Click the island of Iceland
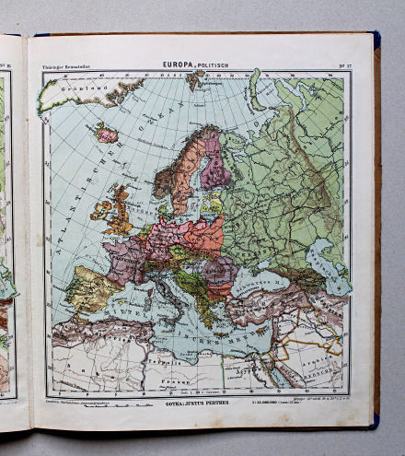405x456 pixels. (108, 134)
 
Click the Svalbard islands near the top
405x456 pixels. (194, 80)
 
